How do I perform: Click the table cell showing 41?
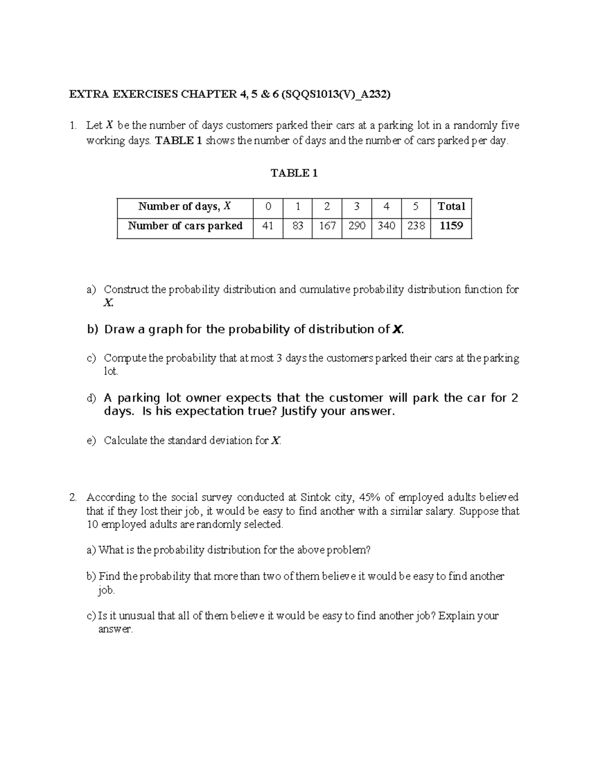(268, 226)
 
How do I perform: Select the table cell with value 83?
(297, 226)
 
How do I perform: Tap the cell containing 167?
(327, 226)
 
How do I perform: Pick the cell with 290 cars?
(357, 226)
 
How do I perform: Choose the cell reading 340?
(386, 226)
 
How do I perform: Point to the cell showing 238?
(416, 226)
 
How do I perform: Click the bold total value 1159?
(451, 226)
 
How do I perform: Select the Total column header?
(451, 207)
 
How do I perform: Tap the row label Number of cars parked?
(185, 226)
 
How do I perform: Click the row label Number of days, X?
(185, 207)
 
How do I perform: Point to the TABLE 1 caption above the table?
(294, 173)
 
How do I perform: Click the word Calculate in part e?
(126, 441)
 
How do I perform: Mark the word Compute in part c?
(125, 358)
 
